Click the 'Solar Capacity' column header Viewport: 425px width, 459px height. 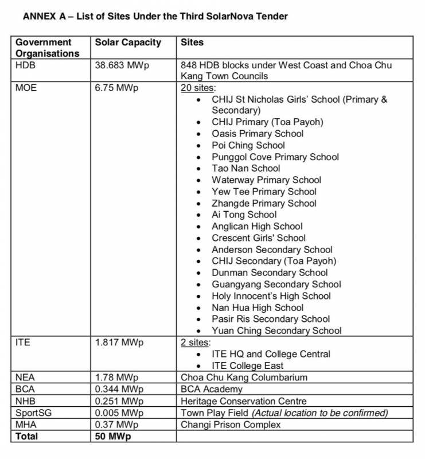tap(128, 42)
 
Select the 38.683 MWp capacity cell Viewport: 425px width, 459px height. tap(122, 65)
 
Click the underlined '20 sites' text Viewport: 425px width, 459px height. tap(198, 88)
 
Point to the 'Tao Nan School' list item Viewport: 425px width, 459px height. tap(245, 168)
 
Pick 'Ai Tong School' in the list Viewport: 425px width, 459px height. tap(244, 215)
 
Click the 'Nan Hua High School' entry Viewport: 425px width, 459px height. tap(258, 308)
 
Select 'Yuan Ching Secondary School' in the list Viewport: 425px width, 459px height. tap(276, 330)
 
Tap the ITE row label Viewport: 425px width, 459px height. tap(23, 343)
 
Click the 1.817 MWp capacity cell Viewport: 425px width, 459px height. tap(119, 343)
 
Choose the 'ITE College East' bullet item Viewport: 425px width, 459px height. tap(247, 365)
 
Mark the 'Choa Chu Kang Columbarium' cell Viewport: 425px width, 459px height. tap(244, 378)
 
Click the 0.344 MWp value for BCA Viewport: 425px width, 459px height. tap(119, 389)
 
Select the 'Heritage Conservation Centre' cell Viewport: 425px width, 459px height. tap(244, 401)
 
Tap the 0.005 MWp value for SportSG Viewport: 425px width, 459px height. tap(119, 413)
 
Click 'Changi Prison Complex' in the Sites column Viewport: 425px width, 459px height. tap(231, 425)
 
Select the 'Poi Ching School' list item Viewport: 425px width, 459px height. tap(248, 145)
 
